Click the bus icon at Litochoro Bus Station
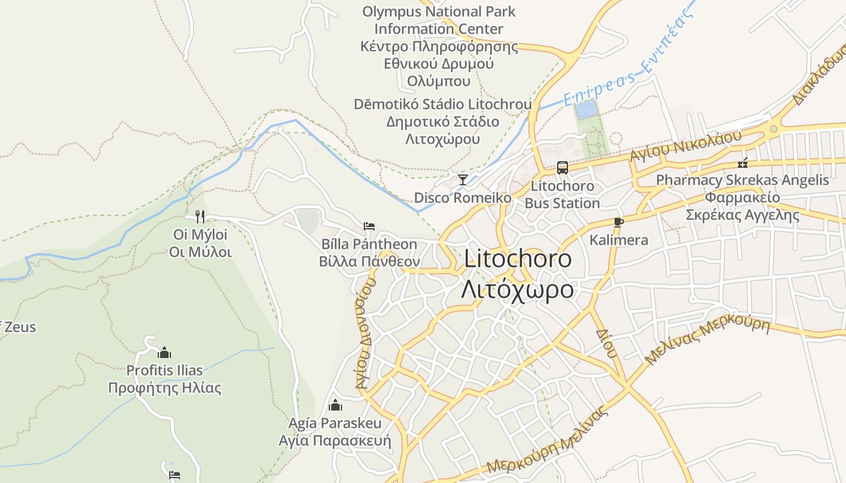tap(563, 168)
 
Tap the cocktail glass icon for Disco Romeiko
tap(463, 179)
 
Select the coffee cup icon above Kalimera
tap(618, 222)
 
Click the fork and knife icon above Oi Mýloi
tap(200, 216)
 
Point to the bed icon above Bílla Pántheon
tap(369, 226)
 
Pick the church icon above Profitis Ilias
tap(164, 353)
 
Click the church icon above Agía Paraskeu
tap(335, 405)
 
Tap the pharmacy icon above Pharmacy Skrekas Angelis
tap(743, 162)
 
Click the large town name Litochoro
tap(518, 259)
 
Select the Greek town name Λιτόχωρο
tap(517, 289)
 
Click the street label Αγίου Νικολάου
tap(685, 146)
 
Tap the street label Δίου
tap(605, 343)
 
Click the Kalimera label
tap(619, 240)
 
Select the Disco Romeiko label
tap(462, 197)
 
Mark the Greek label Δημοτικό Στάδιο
tap(443, 121)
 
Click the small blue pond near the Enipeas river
tap(585, 109)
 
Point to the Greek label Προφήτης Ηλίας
tap(164, 388)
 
